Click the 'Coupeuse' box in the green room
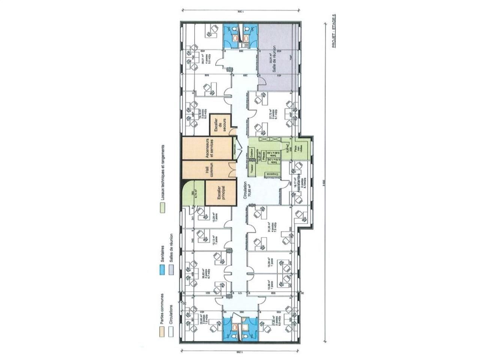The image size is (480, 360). tap(273, 174)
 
